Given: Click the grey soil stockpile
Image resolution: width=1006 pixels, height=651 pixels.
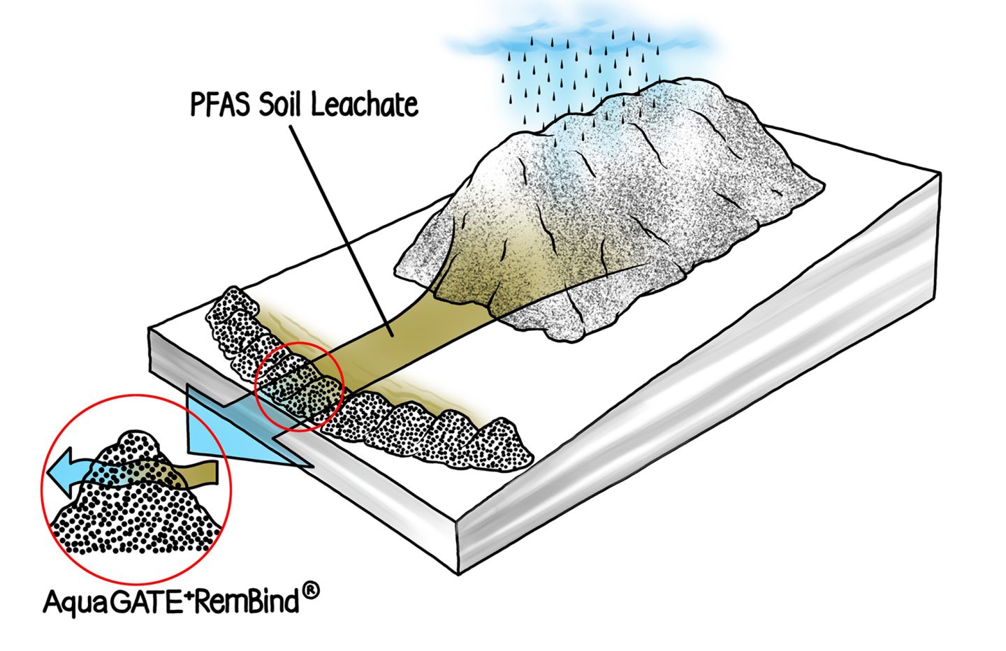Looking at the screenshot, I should [629, 182].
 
